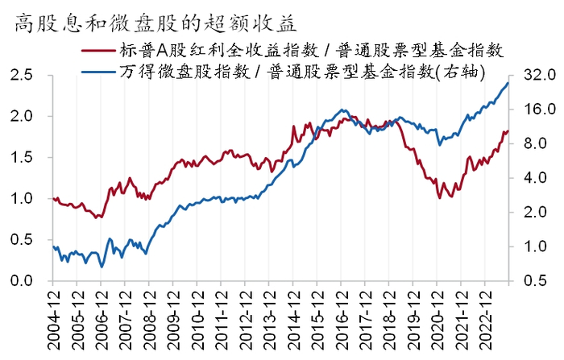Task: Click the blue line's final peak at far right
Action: pyautogui.click(x=508, y=83)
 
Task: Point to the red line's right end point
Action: pyautogui.click(x=508, y=130)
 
